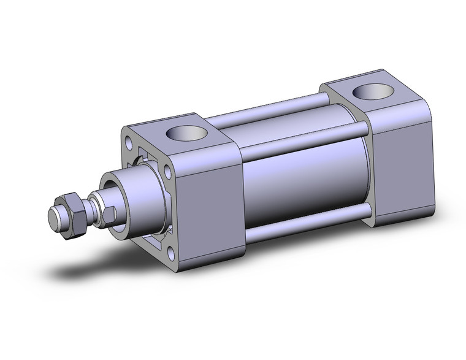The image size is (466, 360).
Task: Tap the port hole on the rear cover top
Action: coord(370,92)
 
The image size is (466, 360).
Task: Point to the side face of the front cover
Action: coord(212,202)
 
